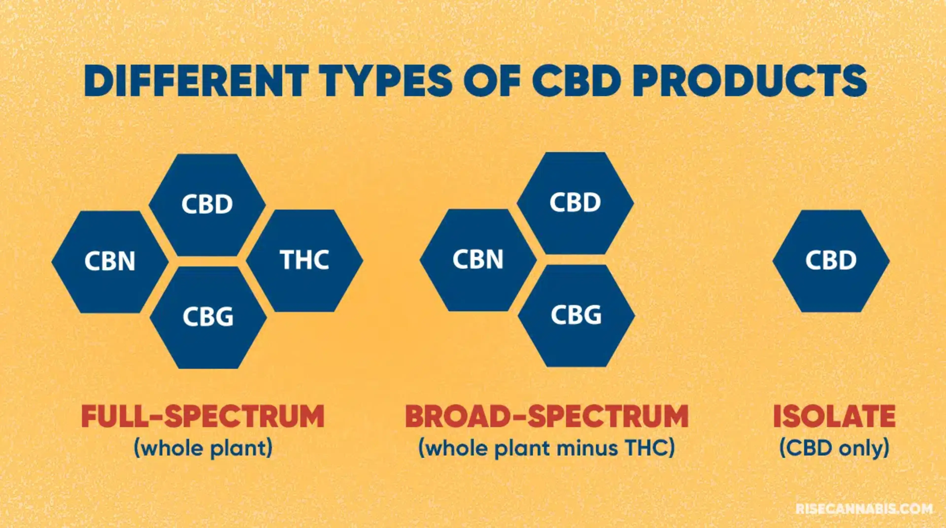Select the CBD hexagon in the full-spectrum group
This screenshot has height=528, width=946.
(207, 204)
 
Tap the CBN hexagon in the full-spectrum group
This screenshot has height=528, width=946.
(110, 262)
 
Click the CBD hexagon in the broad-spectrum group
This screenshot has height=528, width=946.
(575, 203)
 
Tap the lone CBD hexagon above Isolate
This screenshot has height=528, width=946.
(831, 261)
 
